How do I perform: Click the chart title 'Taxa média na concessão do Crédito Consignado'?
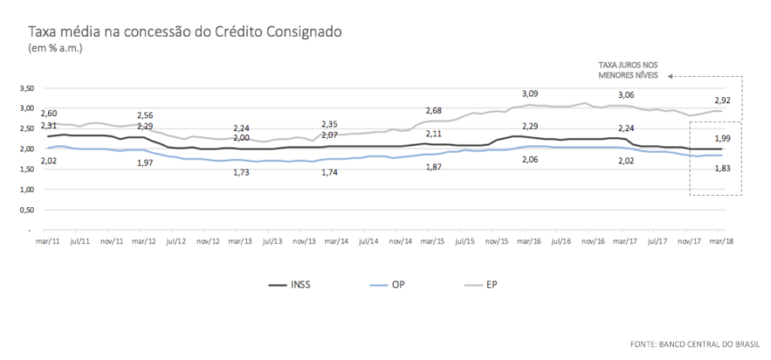pyautogui.click(x=185, y=32)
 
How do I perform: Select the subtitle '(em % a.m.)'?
pyautogui.click(x=55, y=48)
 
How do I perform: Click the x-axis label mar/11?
pyautogui.click(x=45, y=242)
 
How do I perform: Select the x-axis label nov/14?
pyautogui.click(x=401, y=242)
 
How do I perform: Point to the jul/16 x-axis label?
pyautogui.click(x=561, y=242)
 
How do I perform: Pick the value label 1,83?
pyautogui.click(x=721, y=169)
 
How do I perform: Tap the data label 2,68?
pyautogui.click(x=434, y=111)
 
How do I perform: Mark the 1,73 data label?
pyautogui.click(x=242, y=172)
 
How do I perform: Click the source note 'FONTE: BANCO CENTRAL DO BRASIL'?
pyautogui.click(x=695, y=344)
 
